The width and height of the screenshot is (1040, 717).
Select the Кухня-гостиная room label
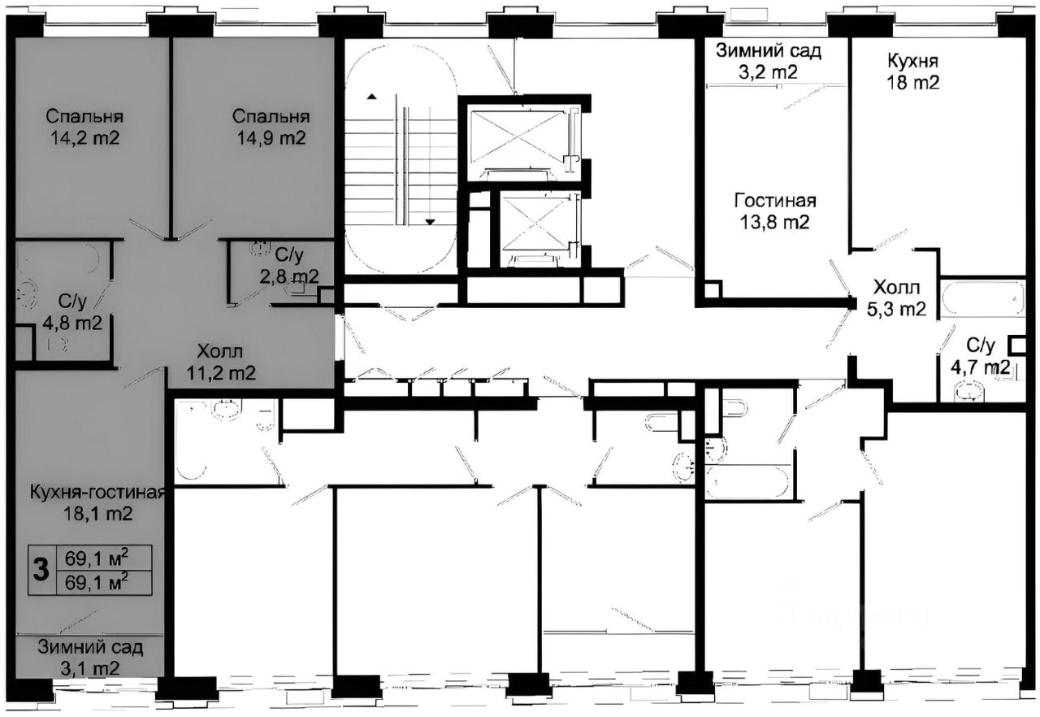point(97,493)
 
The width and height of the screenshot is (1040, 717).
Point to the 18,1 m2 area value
point(98,514)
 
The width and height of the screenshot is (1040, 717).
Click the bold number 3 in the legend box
point(41,570)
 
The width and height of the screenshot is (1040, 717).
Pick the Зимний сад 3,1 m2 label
point(90,658)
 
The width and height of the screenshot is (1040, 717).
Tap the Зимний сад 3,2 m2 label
point(769,61)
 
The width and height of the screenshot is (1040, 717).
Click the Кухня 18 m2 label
point(913,72)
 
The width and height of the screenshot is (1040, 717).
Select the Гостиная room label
point(775,201)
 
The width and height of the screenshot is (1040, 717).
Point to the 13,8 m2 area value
point(775,223)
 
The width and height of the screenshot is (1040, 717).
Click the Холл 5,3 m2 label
point(897,298)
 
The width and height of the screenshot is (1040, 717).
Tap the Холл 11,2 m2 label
point(220,363)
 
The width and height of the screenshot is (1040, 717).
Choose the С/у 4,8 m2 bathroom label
point(72,312)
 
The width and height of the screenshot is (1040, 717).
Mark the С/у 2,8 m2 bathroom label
point(288,266)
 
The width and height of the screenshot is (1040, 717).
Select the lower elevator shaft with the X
point(536,228)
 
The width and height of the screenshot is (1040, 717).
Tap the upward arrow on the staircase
point(371,97)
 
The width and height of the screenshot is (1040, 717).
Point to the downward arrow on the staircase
point(431,222)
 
